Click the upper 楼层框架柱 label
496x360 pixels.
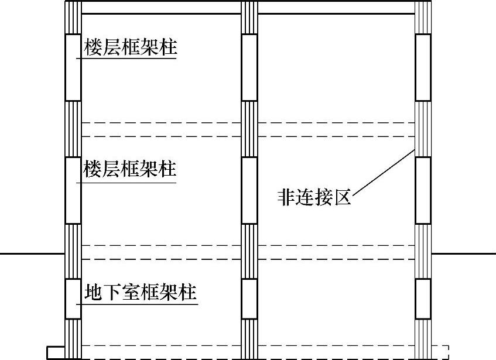(130, 47)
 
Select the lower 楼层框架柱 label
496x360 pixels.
(130, 170)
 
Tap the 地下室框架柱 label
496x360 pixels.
(140, 291)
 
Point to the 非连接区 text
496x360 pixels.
(314, 198)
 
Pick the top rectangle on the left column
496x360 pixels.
(73, 67)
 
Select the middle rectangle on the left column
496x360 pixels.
(73, 190)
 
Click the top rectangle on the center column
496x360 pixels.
(249, 67)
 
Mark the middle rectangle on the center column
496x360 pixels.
(249, 190)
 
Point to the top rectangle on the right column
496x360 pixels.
(423, 67)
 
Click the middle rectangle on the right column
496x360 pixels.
(423, 190)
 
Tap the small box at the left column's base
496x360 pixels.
(56, 352)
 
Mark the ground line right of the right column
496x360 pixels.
(463, 254)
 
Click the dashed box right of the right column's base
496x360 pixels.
(440, 351)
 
